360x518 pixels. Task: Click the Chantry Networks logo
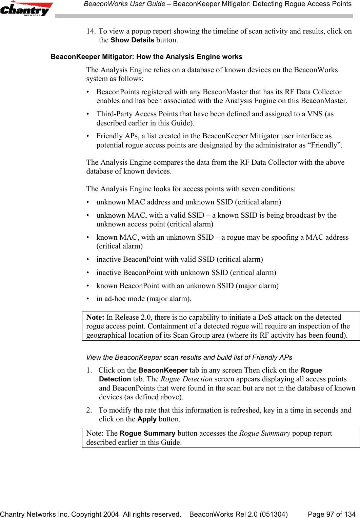pos(26,9)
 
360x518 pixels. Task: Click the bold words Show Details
pos(132,40)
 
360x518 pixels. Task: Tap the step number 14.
pos(91,31)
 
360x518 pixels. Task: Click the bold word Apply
pos(147,419)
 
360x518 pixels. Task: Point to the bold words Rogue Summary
pos(147,433)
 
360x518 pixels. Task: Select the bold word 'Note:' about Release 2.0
pos(95,317)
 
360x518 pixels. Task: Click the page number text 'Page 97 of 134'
pos(331,514)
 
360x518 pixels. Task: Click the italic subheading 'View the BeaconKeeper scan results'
pos(189,357)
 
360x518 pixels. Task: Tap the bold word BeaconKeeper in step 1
pos(163,370)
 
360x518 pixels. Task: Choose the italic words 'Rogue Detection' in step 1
pos(186,379)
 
